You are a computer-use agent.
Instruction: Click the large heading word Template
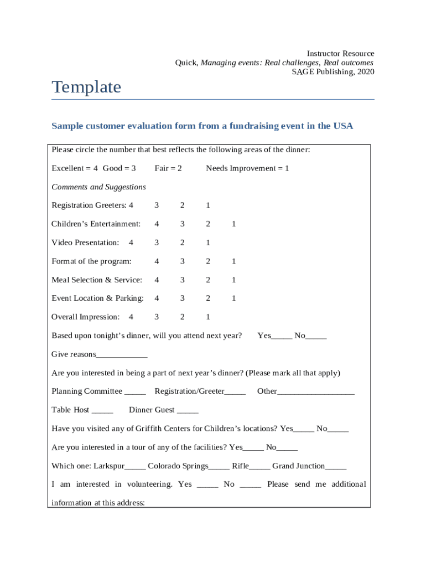[86, 87]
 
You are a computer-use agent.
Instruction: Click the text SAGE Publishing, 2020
[333, 72]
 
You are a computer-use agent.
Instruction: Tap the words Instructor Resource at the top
[340, 54]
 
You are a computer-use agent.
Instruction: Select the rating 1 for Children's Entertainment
[233, 224]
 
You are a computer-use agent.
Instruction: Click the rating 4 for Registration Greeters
[131, 205]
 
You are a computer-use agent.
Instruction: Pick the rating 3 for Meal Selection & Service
[182, 280]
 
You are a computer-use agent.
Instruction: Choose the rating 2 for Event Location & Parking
[208, 298]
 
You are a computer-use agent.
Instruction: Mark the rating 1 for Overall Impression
[208, 317]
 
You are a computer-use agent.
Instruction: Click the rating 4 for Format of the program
[157, 261]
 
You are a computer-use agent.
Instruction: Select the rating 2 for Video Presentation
[182, 243]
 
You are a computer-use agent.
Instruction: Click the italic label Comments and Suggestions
[98, 187]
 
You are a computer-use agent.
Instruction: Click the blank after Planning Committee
[135, 393]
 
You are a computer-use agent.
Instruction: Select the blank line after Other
[315, 393]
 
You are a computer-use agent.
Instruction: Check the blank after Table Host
[102, 411]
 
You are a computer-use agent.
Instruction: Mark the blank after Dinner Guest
[188, 411]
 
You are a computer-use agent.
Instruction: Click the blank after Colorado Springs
[219, 467]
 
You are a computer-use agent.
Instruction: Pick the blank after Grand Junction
[336, 467]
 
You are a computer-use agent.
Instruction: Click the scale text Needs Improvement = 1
[247, 168]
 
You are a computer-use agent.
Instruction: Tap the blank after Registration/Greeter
[235, 393]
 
